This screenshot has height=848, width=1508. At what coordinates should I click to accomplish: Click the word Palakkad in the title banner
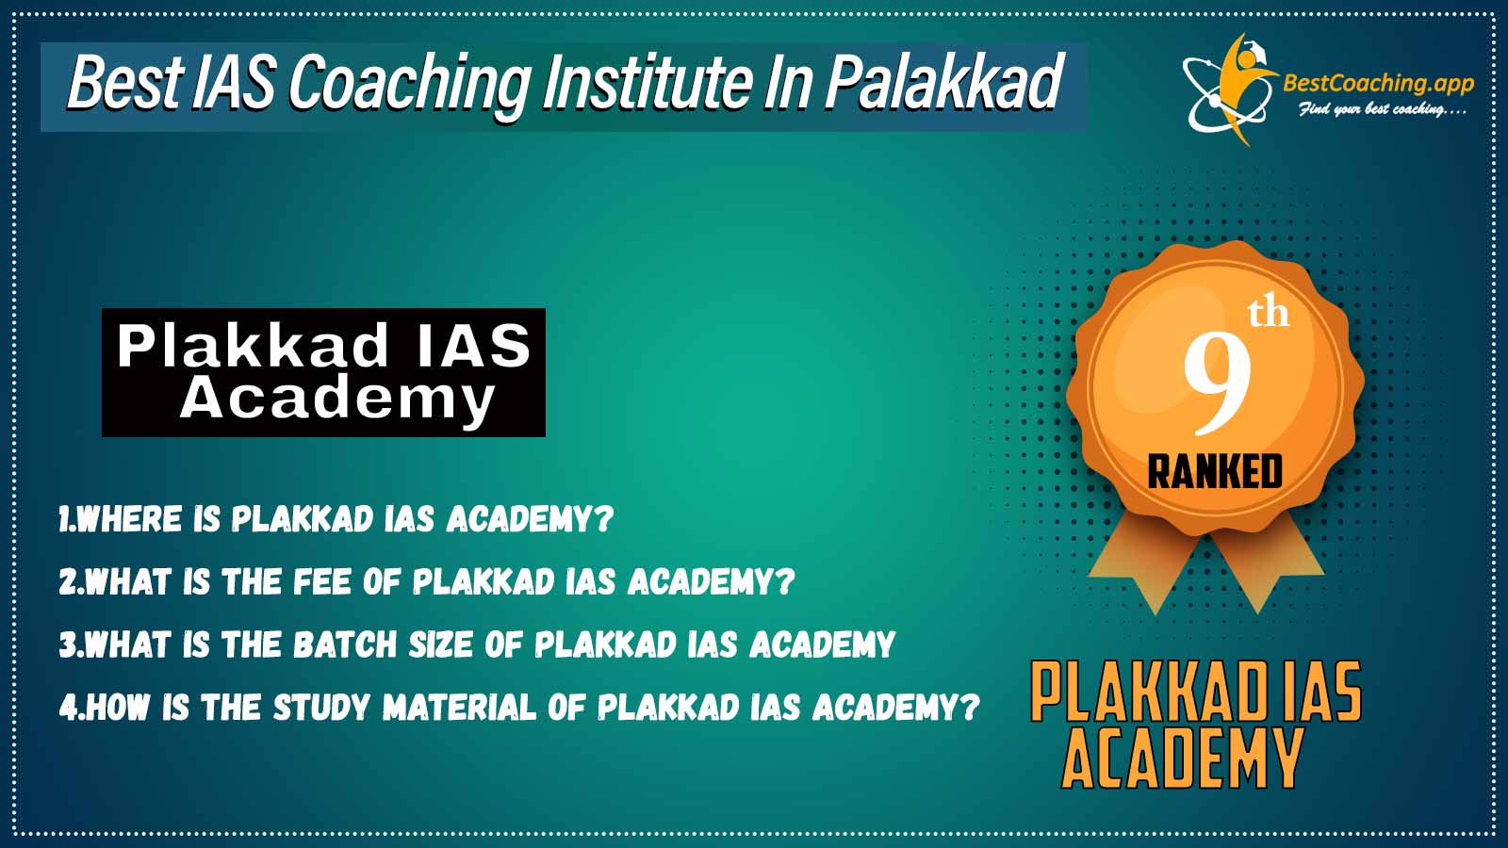[x=943, y=83]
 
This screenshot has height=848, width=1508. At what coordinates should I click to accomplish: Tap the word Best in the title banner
[x=124, y=83]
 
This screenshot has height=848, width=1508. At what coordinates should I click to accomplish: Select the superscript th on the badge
[x=1269, y=314]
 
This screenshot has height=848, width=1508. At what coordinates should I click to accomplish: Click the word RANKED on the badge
[x=1215, y=471]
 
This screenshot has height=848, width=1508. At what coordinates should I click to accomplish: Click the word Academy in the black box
[x=337, y=400]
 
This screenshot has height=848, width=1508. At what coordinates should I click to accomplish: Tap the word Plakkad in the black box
[x=253, y=345]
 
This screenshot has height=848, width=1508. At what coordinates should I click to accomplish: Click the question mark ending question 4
[x=970, y=707]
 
